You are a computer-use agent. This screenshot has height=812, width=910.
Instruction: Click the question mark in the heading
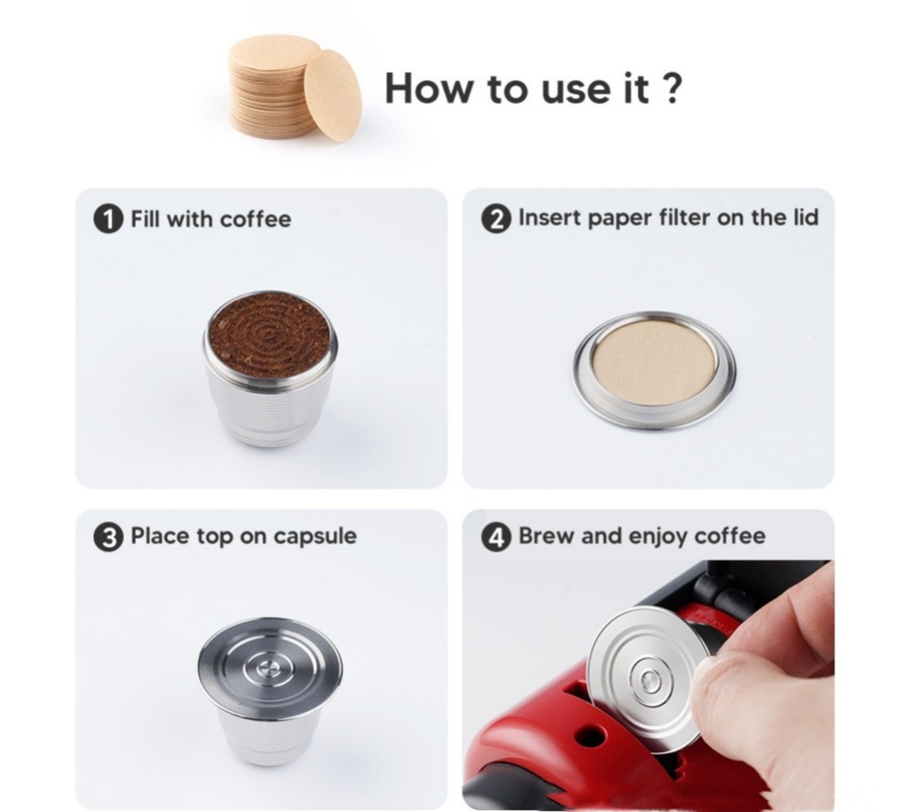(671, 88)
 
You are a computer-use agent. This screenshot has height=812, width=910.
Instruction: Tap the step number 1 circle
(108, 220)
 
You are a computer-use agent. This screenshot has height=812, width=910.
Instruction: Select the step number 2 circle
(496, 219)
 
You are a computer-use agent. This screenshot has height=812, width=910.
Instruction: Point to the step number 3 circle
(108, 537)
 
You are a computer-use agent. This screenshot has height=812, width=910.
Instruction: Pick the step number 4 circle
(496, 536)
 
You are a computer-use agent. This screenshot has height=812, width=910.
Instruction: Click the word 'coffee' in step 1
(256, 219)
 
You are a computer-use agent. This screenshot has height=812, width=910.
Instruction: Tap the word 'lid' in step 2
(805, 217)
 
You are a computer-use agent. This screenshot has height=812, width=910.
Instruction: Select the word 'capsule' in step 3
(315, 536)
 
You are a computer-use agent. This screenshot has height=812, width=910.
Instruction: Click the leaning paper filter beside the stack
(332, 95)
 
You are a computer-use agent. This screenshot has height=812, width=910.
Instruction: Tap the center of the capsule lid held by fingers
(649, 678)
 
